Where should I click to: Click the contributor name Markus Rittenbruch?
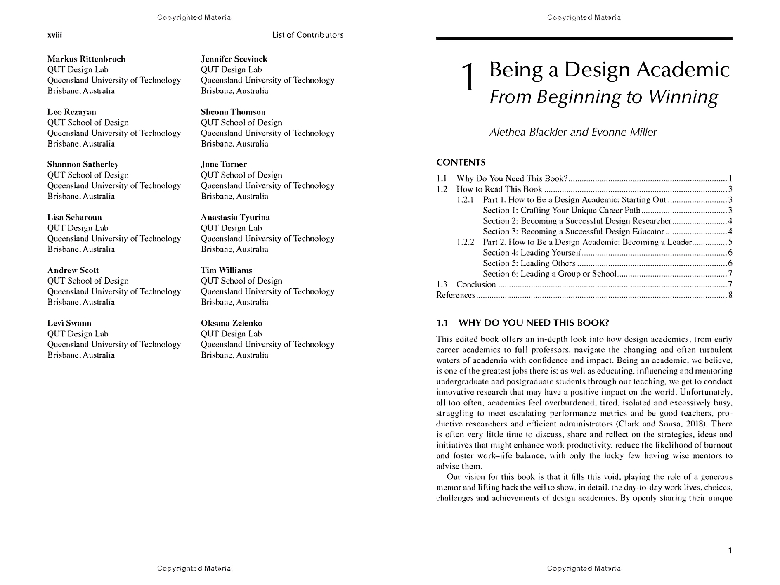[86, 59]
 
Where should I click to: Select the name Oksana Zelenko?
[231, 323]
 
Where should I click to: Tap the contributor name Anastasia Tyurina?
[235, 218]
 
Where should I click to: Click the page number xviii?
[54, 35]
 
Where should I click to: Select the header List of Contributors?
[307, 35]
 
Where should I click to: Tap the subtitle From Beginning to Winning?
[603, 97]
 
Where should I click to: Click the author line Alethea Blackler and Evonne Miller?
[572, 133]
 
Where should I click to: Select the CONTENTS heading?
[461, 162]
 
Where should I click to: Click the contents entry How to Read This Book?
[499, 189]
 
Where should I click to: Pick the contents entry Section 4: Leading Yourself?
[532, 253]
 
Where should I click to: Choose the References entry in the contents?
[456, 295]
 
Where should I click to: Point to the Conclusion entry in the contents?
[476, 284]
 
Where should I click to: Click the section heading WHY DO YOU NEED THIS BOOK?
[534, 323]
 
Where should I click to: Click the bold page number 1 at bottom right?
[730, 551]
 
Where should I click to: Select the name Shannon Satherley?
[83, 165]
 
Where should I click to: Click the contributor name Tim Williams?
[226, 270]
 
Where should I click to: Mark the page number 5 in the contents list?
[730, 242]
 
